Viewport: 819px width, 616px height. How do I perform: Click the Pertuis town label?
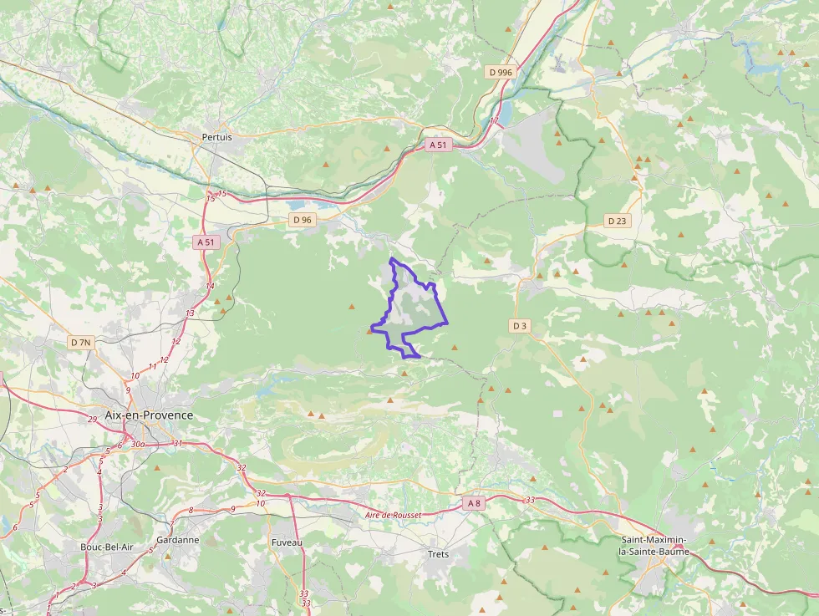[x=216, y=136]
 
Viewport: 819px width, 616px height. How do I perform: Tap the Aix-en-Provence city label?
[x=149, y=415]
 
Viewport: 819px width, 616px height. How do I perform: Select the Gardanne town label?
[x=177, y=540]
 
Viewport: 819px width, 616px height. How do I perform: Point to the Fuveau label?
[x=287, y=542]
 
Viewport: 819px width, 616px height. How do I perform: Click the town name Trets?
[x=438, y=554]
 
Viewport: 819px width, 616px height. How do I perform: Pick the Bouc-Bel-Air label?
[x=104, y=547]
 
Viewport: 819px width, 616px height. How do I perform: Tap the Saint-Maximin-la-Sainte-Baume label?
[x=655, y=546]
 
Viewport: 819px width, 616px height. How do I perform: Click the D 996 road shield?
[x=500, y=73]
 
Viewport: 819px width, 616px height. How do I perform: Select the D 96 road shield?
[x=302, y=220]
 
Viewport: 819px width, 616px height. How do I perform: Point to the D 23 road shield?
[x=617, y=221]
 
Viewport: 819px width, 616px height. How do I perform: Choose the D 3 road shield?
[x=520, y=325]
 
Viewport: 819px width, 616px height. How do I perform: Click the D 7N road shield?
[x=81, y=343]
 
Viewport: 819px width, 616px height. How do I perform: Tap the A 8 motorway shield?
[x=474, y=503]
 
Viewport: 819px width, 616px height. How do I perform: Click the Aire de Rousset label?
[x=393, y=516]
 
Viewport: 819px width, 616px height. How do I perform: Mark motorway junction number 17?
[x=494, y=121]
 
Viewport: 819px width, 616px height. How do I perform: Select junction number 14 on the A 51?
[x=210, y=286]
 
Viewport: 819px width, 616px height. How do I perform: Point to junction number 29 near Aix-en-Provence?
[x=92, y=419]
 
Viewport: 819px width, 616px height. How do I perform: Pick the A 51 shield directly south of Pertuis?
[x=206, y=242]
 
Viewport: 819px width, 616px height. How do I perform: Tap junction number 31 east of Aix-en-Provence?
[x=176, y=443]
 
